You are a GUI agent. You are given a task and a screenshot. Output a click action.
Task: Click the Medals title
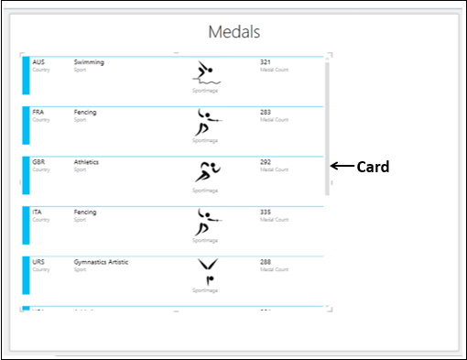point(234,32)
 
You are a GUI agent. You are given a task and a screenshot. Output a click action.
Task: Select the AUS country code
point(38,62)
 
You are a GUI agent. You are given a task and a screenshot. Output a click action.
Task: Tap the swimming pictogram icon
point(206,73)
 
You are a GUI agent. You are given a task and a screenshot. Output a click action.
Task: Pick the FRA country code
point(38,113)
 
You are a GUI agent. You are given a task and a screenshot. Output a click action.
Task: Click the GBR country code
point(38,162)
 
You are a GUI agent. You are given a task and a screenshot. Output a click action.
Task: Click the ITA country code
point(38,212)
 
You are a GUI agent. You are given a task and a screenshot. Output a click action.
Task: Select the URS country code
point(38,262)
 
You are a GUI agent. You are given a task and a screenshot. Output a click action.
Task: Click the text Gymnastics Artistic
point(101,262)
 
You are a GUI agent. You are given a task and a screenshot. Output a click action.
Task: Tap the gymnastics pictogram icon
point(207,272)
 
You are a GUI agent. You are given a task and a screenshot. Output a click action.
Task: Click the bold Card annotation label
point(373,167)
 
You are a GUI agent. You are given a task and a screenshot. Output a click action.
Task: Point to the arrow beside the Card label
point(342,166)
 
